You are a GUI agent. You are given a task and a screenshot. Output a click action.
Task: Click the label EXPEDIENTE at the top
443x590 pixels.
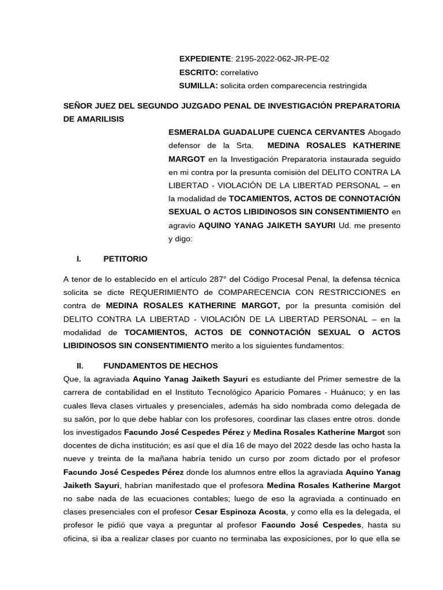204,59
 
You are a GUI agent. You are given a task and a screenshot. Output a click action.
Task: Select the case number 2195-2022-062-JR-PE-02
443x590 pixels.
282,59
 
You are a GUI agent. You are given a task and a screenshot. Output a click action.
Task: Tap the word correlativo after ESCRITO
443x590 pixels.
239,73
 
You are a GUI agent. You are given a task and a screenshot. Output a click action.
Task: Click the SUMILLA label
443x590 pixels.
198,86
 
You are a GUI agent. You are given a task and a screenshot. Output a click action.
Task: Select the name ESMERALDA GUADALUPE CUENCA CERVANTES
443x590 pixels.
266,132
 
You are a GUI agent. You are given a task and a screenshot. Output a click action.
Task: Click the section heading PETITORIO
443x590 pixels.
125,259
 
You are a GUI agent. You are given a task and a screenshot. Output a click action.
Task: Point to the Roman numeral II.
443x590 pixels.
80,365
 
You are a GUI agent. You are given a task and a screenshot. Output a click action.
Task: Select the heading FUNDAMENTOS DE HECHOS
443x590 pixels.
160,365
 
